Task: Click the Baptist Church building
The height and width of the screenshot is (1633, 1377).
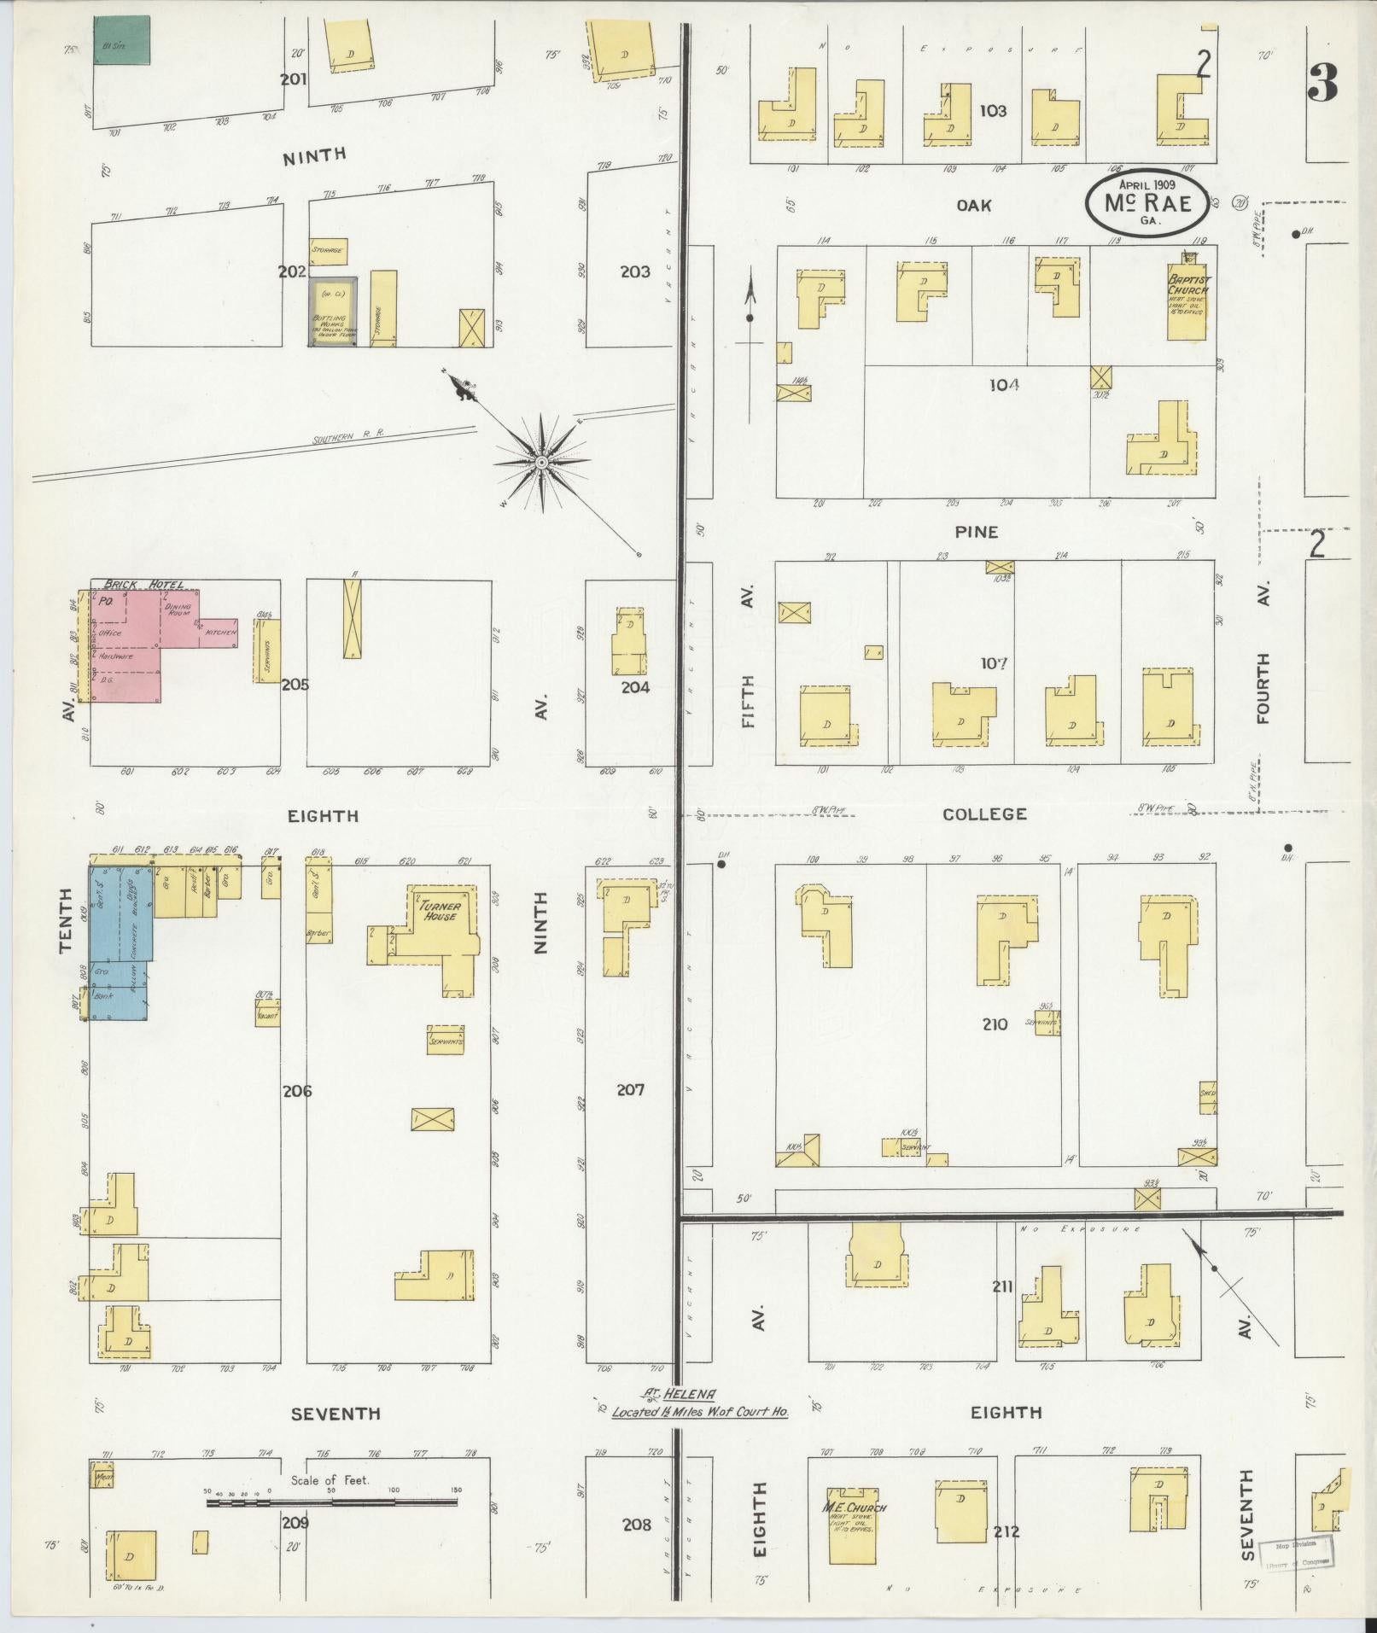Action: (1187, 298)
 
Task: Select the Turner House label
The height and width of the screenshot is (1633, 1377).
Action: (438, 911)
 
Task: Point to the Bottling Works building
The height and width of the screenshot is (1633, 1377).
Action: (333, 312)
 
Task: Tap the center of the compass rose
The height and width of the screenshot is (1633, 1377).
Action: (540, 462)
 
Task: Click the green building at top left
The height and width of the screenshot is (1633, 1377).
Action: (122, 40)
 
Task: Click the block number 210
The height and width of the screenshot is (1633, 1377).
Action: (995, 1024)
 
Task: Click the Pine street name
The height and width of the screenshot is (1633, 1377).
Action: (977, 532)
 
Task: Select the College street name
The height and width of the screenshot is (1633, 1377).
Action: (984, 814)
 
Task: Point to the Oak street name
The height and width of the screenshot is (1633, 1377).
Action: (973, 205)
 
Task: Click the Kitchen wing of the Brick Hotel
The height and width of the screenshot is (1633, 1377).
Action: (219, 633)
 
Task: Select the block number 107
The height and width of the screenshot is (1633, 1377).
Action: (994, 662)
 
